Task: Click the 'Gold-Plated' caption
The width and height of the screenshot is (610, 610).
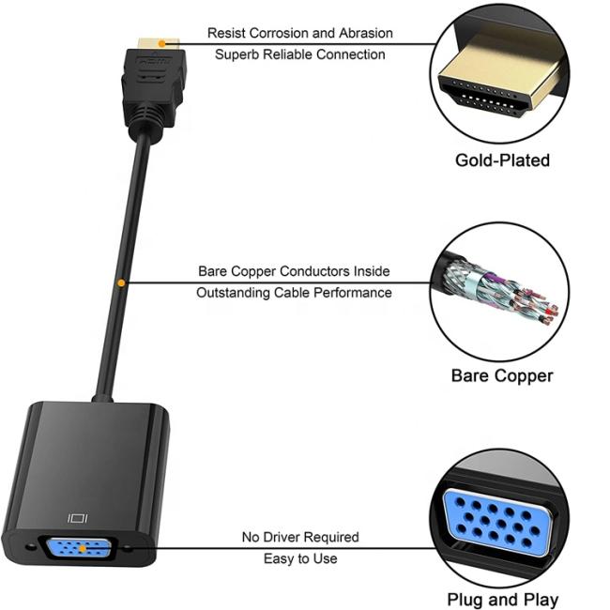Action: click(502, 160)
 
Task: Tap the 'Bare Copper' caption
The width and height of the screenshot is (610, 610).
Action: click(502, 376)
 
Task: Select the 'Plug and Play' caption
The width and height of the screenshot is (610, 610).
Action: click(502, 600)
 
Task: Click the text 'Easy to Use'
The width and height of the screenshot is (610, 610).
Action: click(300, 559)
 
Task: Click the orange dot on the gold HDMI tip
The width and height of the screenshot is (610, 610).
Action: click(161, 44)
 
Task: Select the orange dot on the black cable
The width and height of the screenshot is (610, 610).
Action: click(121, 282)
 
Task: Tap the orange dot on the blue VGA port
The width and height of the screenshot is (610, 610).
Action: click(83, 549)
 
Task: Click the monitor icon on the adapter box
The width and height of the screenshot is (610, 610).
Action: click(78, 518)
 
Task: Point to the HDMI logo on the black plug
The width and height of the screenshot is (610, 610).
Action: click(154, 61)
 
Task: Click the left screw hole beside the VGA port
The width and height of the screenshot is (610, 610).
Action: click(30, 547)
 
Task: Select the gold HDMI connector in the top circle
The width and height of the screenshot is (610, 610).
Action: click(500, 76)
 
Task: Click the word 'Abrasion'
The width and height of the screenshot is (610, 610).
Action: click(366, 33)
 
